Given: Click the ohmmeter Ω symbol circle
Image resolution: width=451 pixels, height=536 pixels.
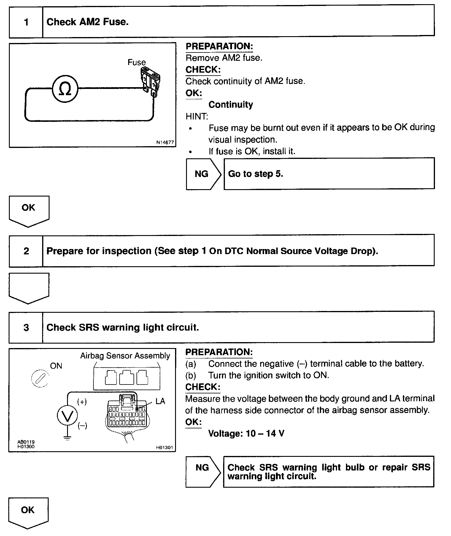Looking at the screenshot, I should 65,88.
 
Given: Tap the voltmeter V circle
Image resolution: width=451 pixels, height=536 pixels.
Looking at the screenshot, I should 67,416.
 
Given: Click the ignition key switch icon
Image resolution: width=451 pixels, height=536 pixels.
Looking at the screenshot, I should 40,379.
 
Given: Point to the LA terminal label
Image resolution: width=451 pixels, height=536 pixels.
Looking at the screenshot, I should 160,401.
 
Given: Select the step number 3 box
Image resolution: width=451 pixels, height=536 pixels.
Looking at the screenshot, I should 26,328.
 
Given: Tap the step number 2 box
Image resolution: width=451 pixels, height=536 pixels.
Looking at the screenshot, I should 26,251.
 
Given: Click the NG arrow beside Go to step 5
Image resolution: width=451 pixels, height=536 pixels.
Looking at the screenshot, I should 203,174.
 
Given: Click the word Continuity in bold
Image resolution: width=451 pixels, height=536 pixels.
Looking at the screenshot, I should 231,105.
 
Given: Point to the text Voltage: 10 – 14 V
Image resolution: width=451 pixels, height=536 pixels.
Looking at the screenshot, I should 246,434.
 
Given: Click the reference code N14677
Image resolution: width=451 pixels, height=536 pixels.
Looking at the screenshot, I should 165,143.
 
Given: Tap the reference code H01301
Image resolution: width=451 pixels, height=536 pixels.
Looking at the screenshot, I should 164,448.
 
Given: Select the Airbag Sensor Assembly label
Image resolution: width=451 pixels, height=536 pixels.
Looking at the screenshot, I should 125,356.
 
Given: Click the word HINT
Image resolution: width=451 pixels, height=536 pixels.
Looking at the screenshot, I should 197,117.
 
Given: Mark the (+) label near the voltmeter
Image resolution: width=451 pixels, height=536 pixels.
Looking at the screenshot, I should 82,402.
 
